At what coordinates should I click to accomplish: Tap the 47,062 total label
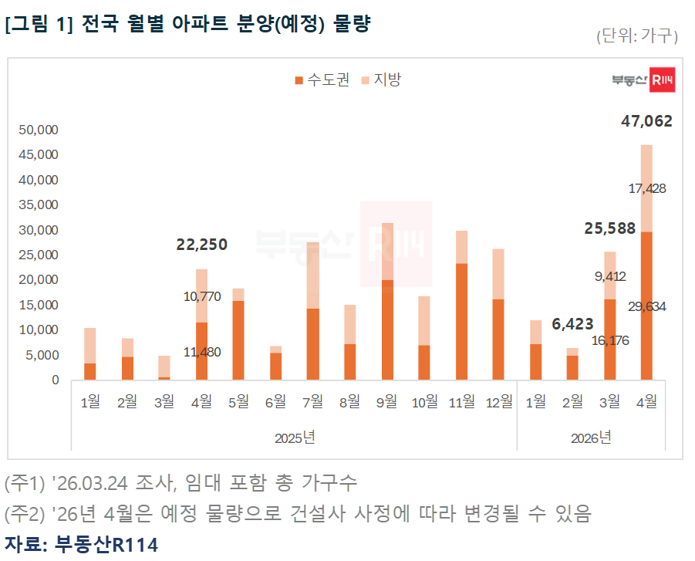click(x=646, y=121)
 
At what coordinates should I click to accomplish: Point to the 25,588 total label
click(x=609, y=228)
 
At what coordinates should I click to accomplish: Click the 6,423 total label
click(x=572, y=326)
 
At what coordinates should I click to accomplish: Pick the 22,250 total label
click(x=202, y=245)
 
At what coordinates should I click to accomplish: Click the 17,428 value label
click(x=646, y=188)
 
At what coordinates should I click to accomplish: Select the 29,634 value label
click(x=646, y=306)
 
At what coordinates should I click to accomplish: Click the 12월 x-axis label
click(x=498, y=401)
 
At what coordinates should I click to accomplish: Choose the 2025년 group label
click(x=295, y=438)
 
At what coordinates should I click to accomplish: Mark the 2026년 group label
click(x=591, y=438)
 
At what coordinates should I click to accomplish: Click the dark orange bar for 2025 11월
click(x=461, y=321)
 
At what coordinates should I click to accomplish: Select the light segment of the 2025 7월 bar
click(x=313, y=275)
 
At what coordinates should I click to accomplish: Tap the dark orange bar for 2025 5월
click(x=238, y=340)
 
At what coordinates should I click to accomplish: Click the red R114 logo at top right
click(x=662, y=80)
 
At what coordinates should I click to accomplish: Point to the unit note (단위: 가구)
click(x=636, y=35)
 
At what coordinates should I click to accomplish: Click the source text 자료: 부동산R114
click(x=81, y=545)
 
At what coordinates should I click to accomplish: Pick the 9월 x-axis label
click(x=386, y=401)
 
